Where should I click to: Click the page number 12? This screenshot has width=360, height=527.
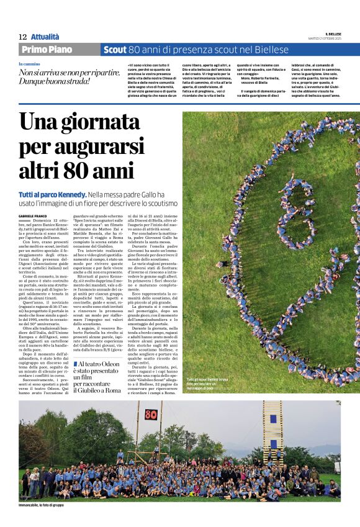[x=23, y=37]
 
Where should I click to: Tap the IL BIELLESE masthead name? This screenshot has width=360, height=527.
[x=333, y=34]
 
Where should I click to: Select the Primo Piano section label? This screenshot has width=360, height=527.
[x=47, y=50]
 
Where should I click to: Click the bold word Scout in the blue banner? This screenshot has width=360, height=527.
[x=115, y=50]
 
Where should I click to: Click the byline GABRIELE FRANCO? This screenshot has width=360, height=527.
[x=32, y=215]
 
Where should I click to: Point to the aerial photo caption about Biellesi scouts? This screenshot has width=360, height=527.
[x=210, y=384]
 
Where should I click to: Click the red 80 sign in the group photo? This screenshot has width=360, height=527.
[x=151, y=414]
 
